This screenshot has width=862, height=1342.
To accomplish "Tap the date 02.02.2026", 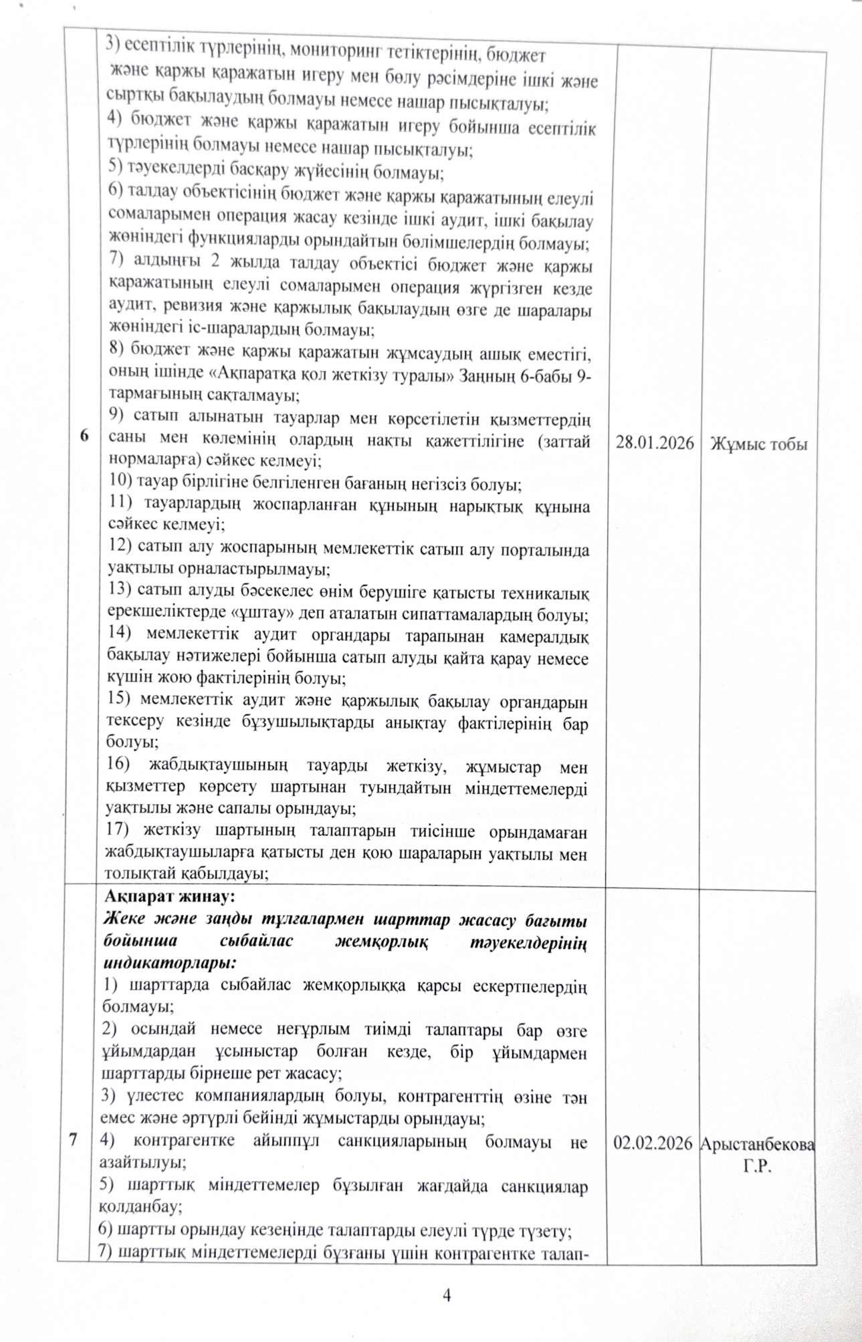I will tap(653, 1144).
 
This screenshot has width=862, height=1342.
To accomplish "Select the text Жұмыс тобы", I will tap(759, 444).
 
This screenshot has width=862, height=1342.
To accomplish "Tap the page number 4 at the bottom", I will tap(447, 1295).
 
